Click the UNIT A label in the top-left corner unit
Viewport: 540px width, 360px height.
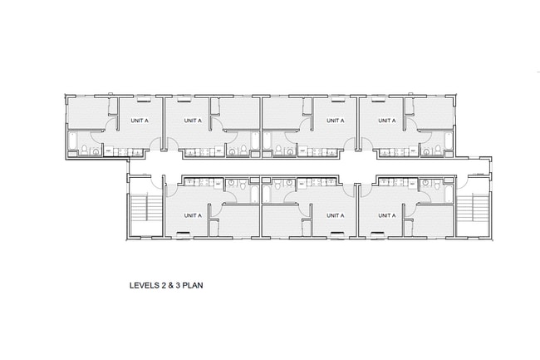point(140,121)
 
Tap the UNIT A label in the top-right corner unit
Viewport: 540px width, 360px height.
point(386,121)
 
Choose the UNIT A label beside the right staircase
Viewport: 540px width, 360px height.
point(386,215)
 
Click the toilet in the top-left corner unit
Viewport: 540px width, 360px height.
point(86,150)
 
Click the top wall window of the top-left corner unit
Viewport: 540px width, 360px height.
point(92,96)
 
